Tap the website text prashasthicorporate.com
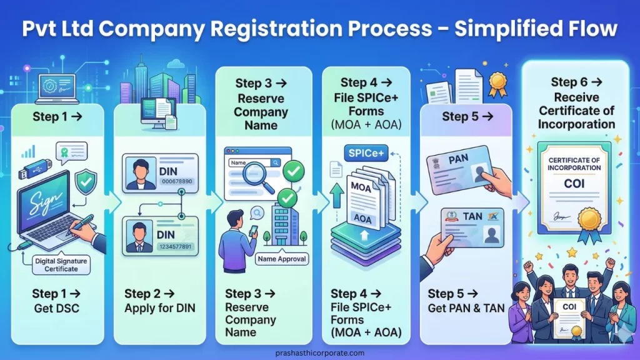tap(319, 352)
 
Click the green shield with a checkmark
tap(86, 182)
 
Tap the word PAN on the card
tap(458, 161)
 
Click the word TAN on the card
tap(472, 217)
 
